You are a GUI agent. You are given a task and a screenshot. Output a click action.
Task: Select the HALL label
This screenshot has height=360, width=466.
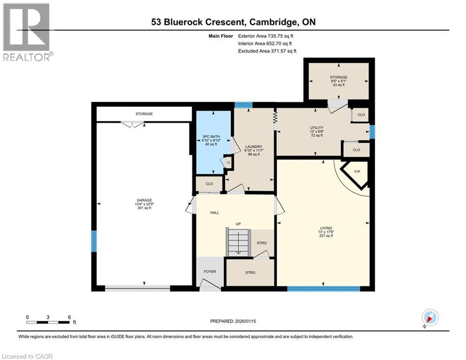pyautogui.click(x=215, y=213)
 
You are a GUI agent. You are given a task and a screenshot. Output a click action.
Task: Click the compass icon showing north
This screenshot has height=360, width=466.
pyautogui.click(x=429, y=317)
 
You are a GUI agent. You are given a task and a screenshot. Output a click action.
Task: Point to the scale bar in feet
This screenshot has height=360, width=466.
pyautogui.click(x=48, y=322)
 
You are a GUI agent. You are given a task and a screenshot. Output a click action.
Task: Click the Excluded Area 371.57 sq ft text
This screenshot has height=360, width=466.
pyautogui.click(x=267, y=51)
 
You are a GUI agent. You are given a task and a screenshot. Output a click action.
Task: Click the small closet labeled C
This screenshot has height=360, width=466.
pyautogui.click(x=229, y=163)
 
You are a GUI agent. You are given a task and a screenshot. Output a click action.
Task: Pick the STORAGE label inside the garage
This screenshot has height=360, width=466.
pyautogui.click(x=144, y=114)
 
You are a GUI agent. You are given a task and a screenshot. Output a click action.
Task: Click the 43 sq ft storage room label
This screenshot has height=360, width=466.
pyautogui.click(x=338, y=81)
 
